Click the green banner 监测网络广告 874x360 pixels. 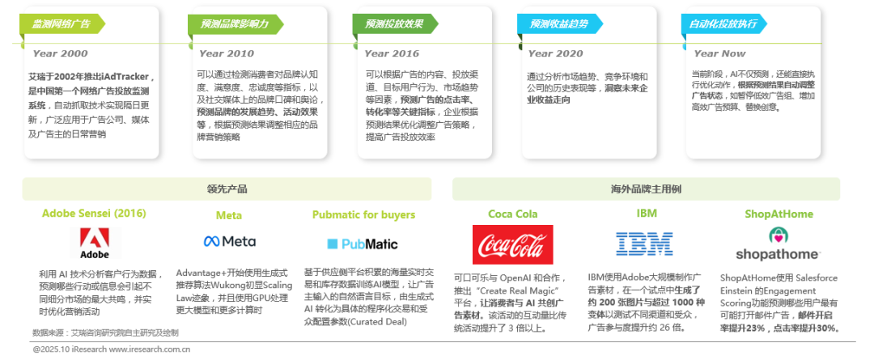62,23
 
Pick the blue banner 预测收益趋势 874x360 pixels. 558,23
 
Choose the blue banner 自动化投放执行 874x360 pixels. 723,23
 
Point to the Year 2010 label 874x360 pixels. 226,53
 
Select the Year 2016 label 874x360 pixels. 392,53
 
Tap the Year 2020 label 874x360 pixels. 555,53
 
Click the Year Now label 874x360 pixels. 720,53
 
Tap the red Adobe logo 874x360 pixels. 95,243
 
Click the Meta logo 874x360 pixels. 230,242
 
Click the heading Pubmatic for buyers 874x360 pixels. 363,215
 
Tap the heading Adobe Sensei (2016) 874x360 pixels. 94,214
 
